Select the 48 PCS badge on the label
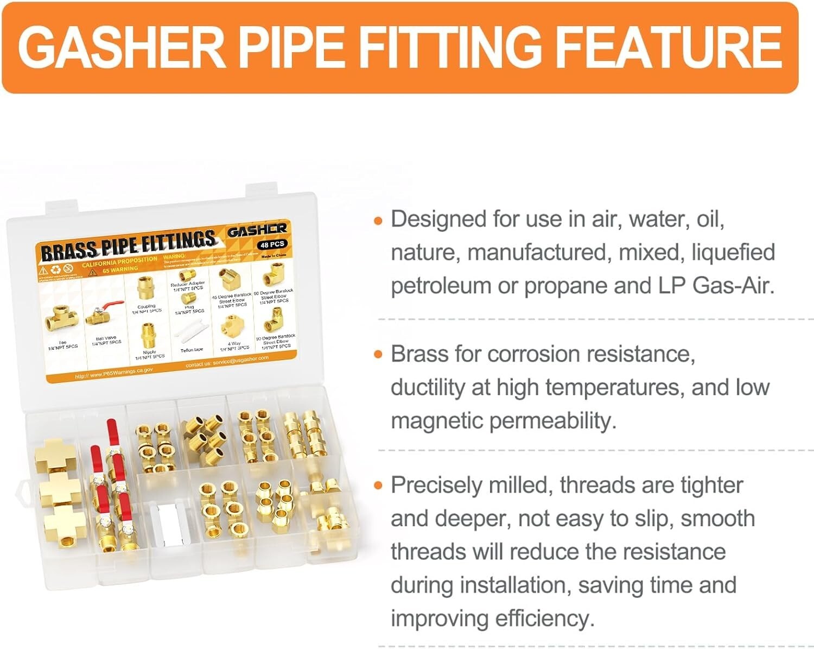272,244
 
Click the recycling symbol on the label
56,269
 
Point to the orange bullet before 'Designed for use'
379,221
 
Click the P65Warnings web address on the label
114,373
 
